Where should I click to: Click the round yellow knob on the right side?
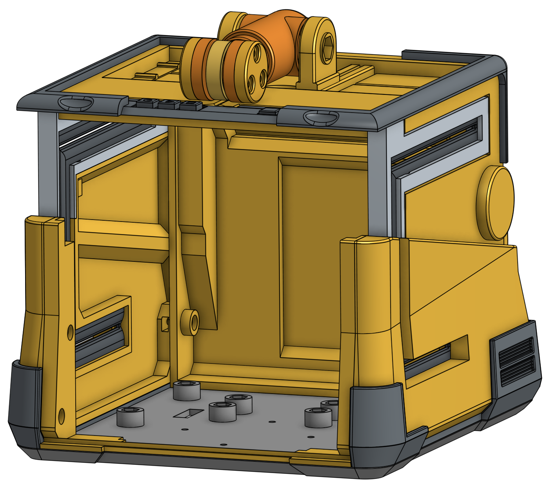click(x=495, y=203)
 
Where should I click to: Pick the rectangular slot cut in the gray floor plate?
click(x=189, y=412)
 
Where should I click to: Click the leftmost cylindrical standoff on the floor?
click(x=131, y=417)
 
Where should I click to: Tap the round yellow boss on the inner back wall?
click(x=190, y=322)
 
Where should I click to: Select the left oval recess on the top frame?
click(x=76, y=103)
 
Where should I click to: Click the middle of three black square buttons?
click(x=168, y=104)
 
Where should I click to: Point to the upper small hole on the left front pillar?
click(x=70, y=332)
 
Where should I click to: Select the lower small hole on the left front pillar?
click(x=62, y=416)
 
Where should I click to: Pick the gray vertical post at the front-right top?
click(x=377, y=184)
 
